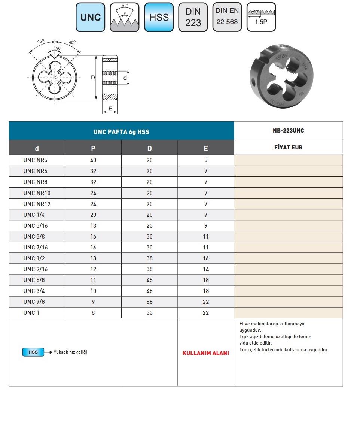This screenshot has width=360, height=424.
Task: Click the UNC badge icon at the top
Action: point(91,17)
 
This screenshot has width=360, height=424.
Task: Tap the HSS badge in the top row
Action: point(159,17)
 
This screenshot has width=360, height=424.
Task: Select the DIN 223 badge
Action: point(193,17)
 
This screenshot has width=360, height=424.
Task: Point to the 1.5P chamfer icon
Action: point(261,17)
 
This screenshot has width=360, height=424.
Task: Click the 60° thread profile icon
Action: point(125,17)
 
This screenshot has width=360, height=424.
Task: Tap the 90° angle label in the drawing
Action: point(59,48)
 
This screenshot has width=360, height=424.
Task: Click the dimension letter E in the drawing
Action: point(110,109)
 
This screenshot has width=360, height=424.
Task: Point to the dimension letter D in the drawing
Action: point(93,78)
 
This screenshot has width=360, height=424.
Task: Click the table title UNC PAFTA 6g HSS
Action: point(121,132)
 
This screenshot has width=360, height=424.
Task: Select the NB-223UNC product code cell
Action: point(288,131)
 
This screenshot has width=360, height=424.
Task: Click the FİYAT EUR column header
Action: point(288,147)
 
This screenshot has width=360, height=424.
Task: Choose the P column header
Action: point(93,148)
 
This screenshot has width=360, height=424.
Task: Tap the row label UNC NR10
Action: point(37,193)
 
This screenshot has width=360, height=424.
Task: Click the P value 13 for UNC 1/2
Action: point(93,258)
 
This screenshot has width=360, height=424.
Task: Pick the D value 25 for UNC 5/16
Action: point(149,225)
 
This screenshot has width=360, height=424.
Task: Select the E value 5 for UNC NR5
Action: point(205,160)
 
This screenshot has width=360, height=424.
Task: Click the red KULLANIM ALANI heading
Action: point(205,353)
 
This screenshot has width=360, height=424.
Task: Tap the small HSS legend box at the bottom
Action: point(33,352)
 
